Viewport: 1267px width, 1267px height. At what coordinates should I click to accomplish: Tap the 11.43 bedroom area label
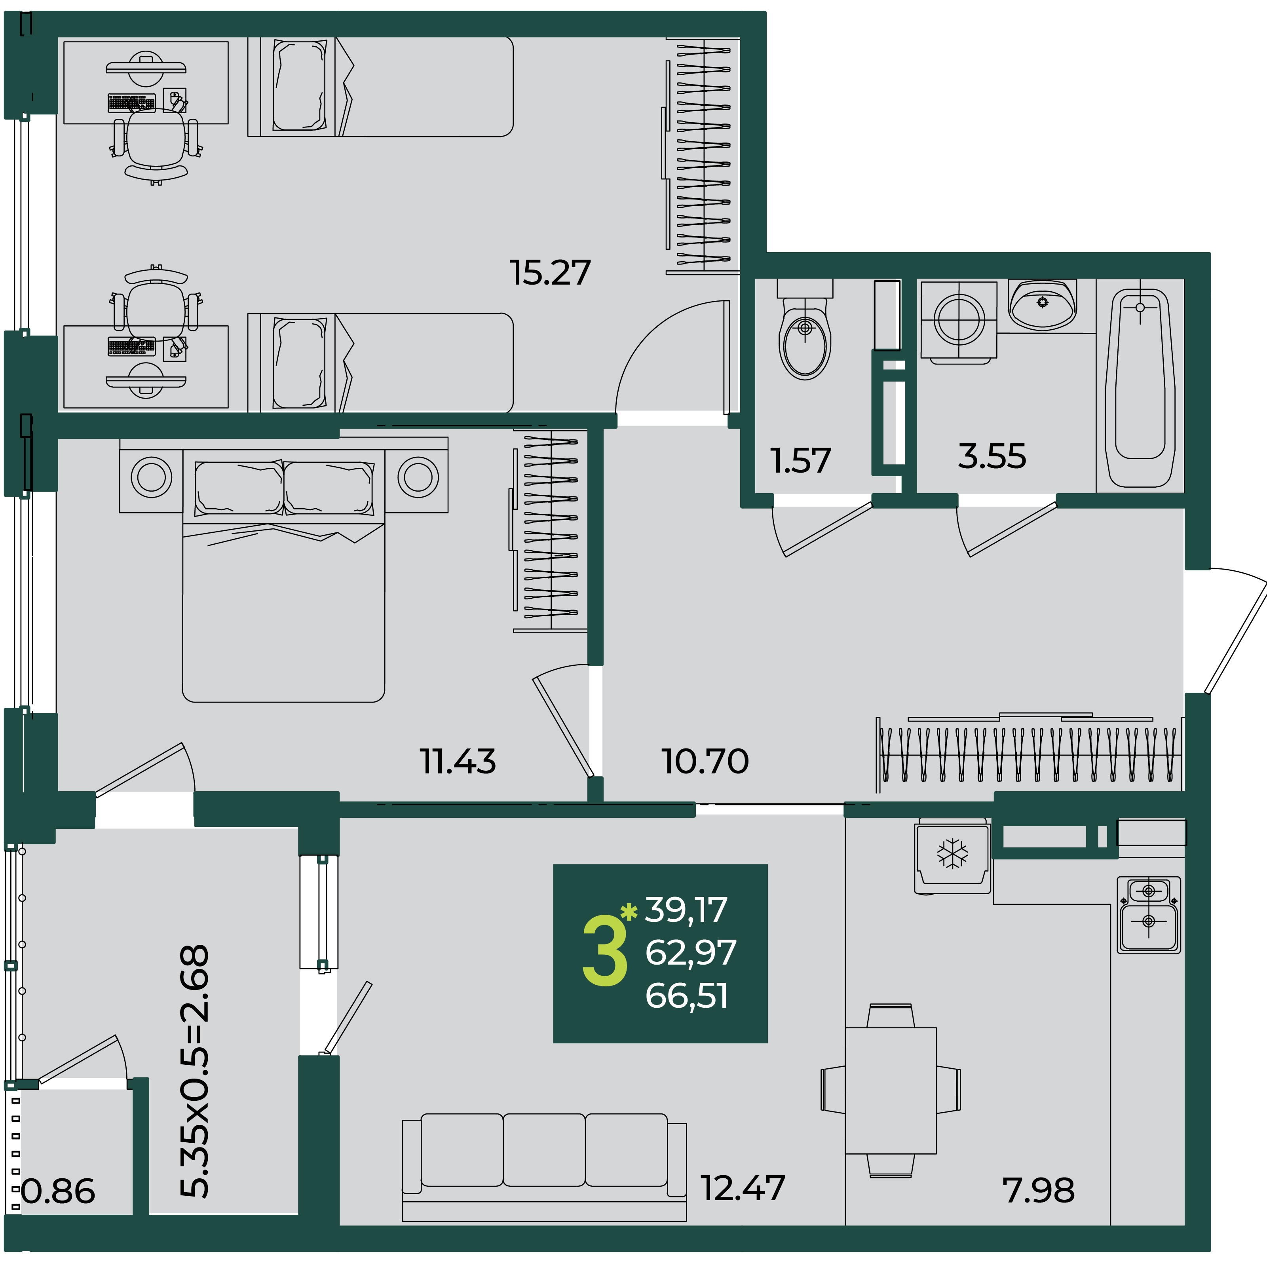click(x=458, y=762)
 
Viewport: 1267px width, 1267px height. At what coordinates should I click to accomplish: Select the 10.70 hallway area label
click(x=705, y=762)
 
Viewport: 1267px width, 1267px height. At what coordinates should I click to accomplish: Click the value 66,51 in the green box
click(x=687, y=995)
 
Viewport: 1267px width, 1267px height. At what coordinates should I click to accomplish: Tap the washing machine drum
click(x=959, y=319)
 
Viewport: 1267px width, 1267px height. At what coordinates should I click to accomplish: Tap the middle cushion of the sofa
click(x=544, y=1149)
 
